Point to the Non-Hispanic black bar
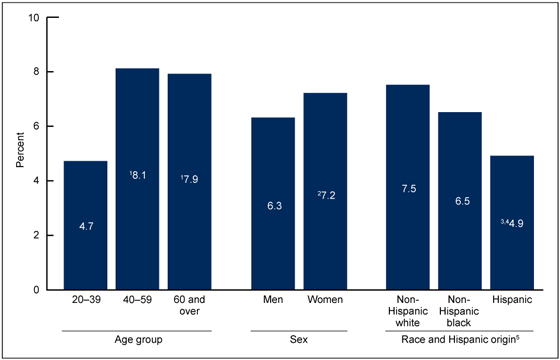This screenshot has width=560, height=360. (460, 201)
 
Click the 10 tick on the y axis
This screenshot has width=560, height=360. (35, 18)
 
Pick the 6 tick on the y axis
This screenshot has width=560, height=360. (37, 127)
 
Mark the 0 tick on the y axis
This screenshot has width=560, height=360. (37, 290)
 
